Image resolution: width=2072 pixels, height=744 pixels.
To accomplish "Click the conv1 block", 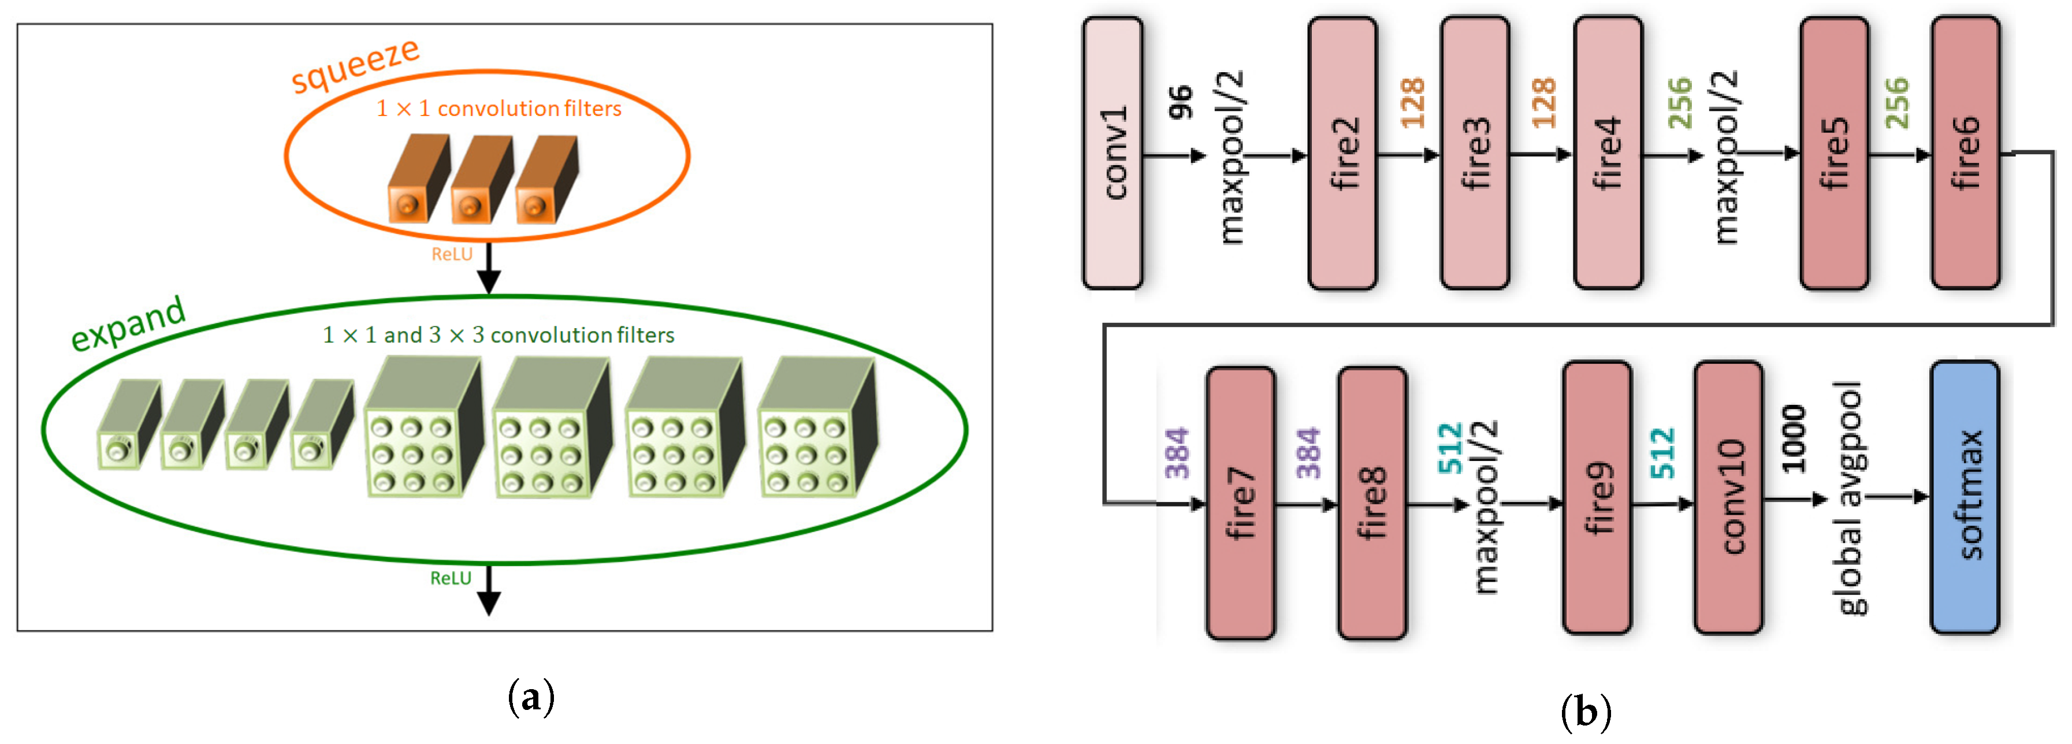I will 1113,153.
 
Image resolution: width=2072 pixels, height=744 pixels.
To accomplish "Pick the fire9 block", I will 1597,498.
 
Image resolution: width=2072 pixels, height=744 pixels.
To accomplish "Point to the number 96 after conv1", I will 1180,103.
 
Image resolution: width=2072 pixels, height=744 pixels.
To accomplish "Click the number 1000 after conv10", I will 1793,438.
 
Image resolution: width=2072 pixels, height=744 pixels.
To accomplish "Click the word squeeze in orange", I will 355,66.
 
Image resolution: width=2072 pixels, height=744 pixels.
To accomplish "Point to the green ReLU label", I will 451,578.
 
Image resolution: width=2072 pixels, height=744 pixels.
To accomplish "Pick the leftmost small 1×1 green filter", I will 127,425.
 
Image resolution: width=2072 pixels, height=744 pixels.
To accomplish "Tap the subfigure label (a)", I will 531,697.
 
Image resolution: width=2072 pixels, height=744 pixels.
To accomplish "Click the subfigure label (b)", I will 1584,712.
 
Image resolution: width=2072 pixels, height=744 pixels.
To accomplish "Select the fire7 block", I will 1240,503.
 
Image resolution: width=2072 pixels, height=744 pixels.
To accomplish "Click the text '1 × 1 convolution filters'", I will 499,109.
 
